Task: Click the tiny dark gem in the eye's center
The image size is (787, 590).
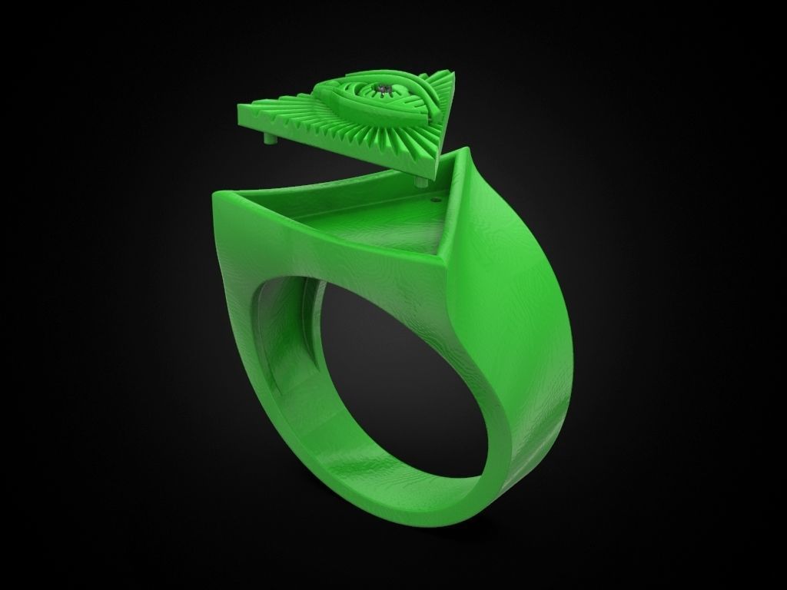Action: pyautogui.click(x=382, y=91)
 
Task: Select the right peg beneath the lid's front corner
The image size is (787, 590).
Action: pyautogui.click(x=420, y=182)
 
